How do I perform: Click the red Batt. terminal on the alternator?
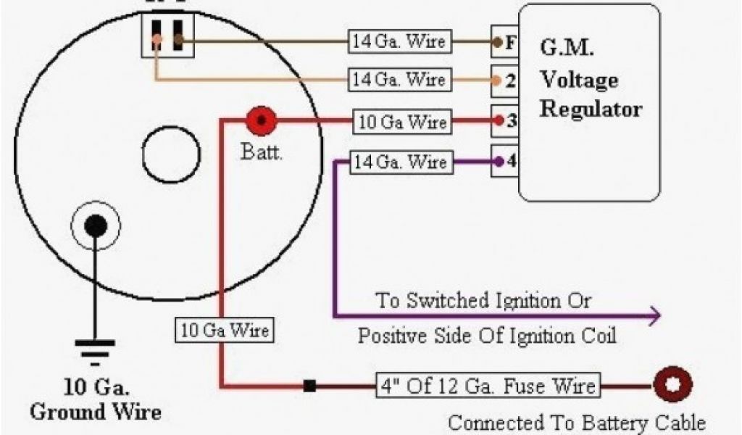pos(261,120)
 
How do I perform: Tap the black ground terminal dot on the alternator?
pos(95,225)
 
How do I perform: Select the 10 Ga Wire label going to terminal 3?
pos(403,121)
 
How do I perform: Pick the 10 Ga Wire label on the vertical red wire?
pos(224,331)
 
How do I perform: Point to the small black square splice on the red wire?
pos(309,386)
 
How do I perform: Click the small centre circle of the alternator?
pos(171,154)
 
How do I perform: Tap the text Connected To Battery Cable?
pos(576,422)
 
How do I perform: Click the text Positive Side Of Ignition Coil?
pos(487,336)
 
